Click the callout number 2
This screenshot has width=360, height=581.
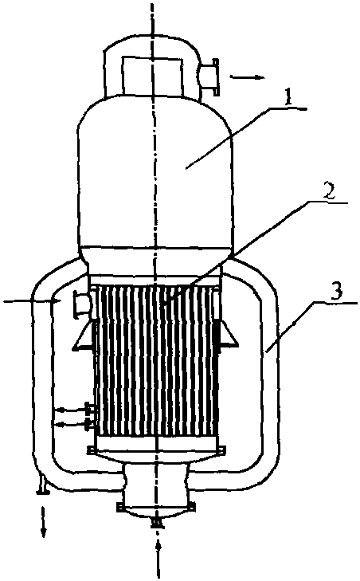(x=327, y=192)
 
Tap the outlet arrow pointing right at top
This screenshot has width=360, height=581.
(x=247, y=77)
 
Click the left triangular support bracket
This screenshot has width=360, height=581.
(x=82, y=336)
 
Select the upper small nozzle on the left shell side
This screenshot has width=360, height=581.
(x=89, y=410)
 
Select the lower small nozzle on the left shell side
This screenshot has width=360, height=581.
(x=89, y=424)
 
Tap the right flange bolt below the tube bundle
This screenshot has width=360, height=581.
(x=221, y=450)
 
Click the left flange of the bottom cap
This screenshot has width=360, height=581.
(x=121, y=507)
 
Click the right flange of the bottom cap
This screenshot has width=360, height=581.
(x=192, y=507)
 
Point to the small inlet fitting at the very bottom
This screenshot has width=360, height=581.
(x=156, y=523)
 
